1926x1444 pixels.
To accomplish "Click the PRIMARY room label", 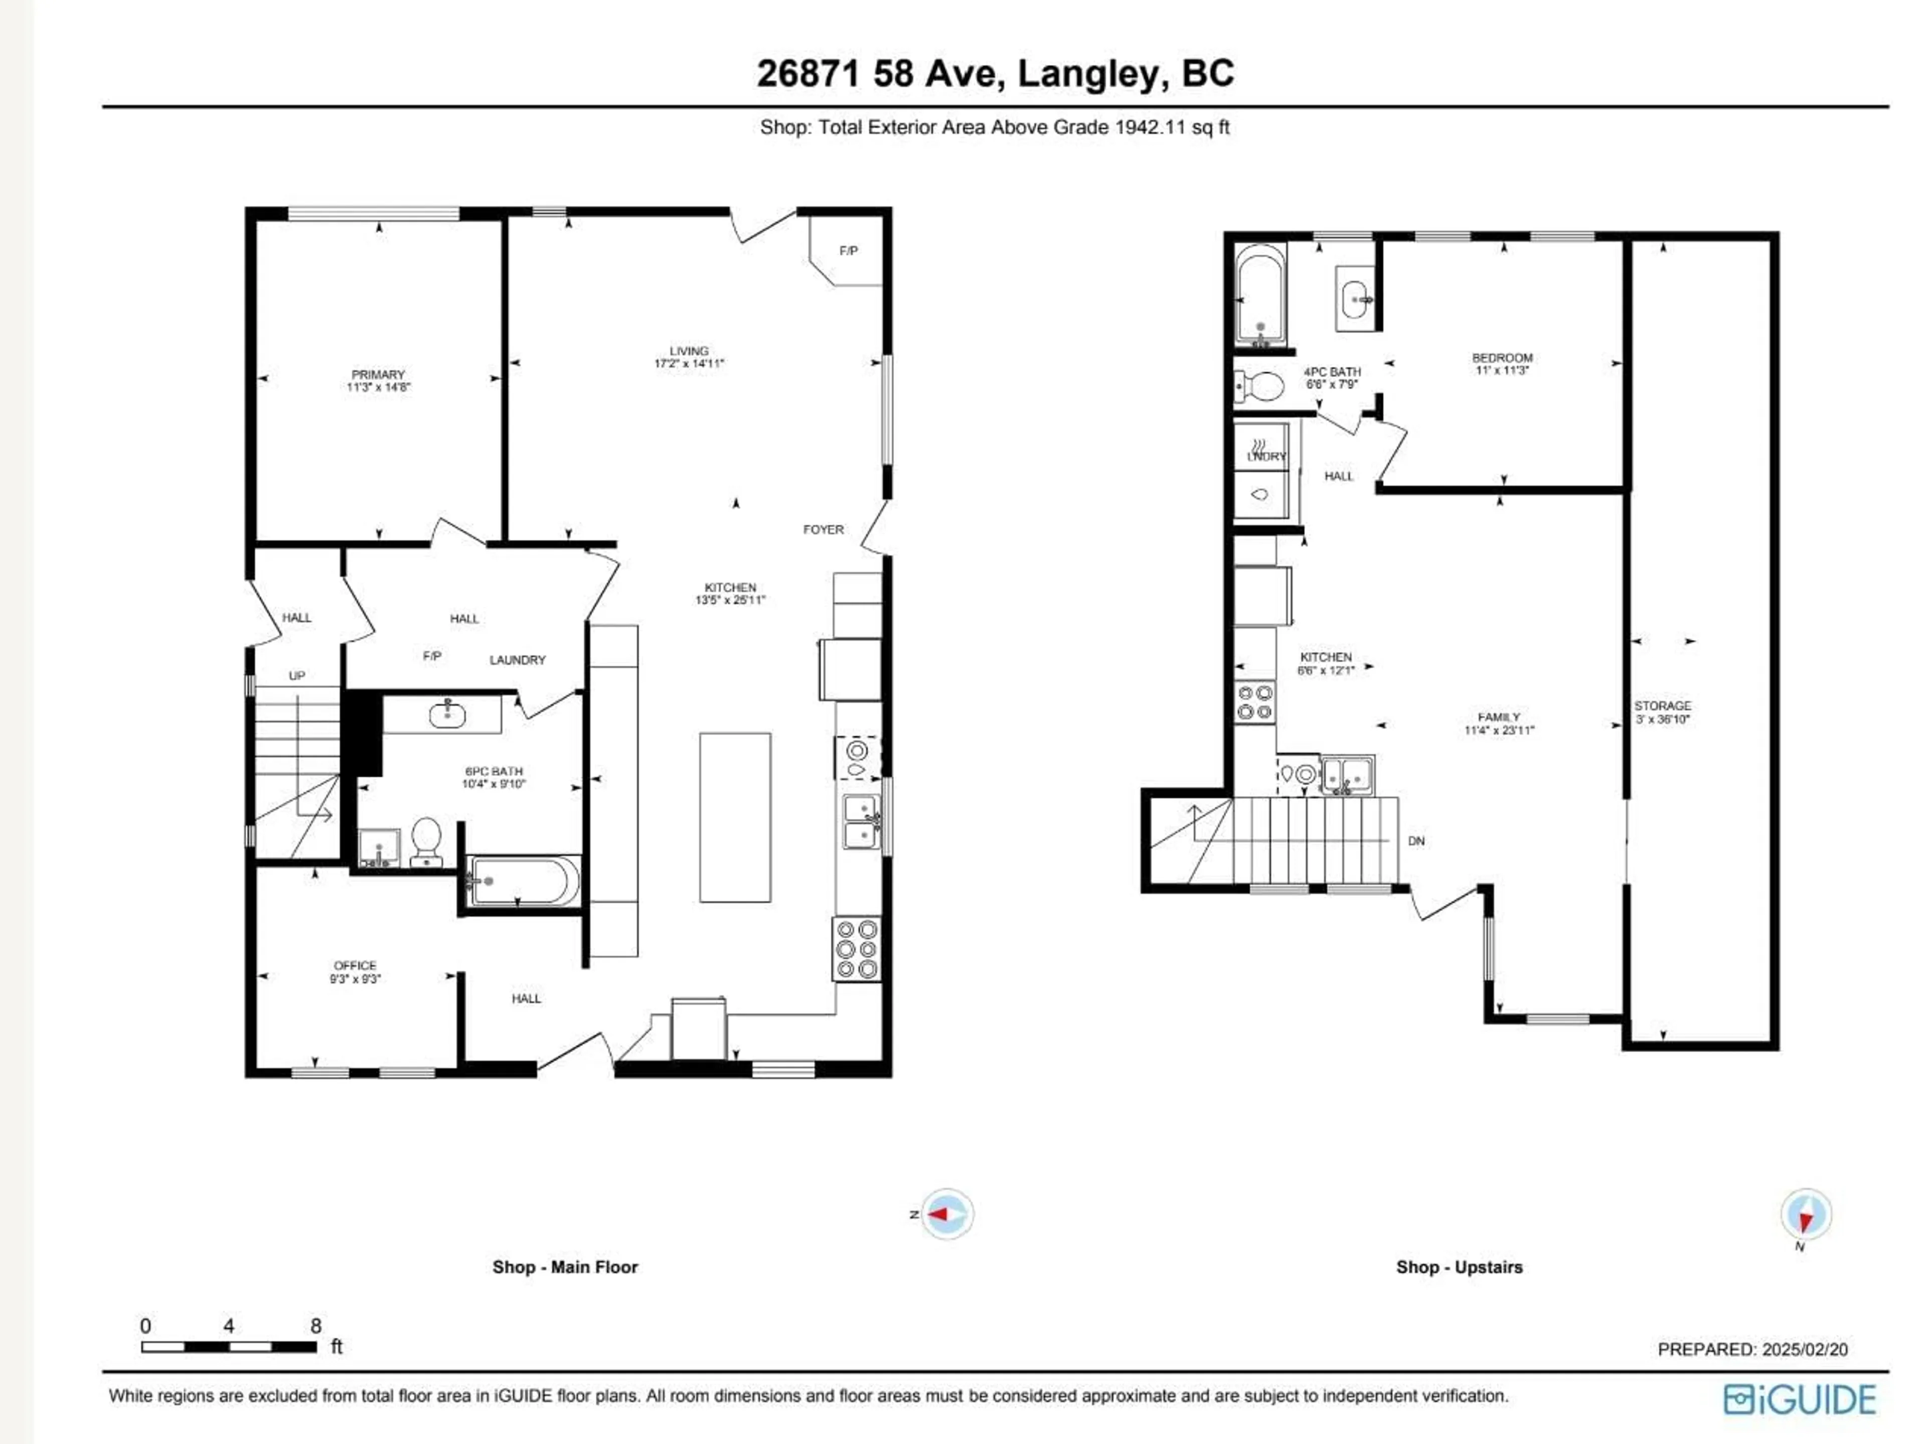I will [378, 374].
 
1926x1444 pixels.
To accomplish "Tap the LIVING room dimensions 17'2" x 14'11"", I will [689, 364].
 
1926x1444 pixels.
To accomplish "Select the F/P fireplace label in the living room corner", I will [848, 251].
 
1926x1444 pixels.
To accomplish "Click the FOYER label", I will [823, 529].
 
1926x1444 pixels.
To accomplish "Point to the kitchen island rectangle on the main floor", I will [735, 817].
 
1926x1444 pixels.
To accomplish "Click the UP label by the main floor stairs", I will [297, 676].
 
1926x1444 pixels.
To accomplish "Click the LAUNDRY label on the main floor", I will [517, 660].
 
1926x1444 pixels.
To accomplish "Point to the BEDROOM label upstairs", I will [1502, 358].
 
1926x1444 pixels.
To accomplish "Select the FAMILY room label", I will [1499, 717].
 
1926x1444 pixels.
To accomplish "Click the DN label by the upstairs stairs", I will [1416, 841].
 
